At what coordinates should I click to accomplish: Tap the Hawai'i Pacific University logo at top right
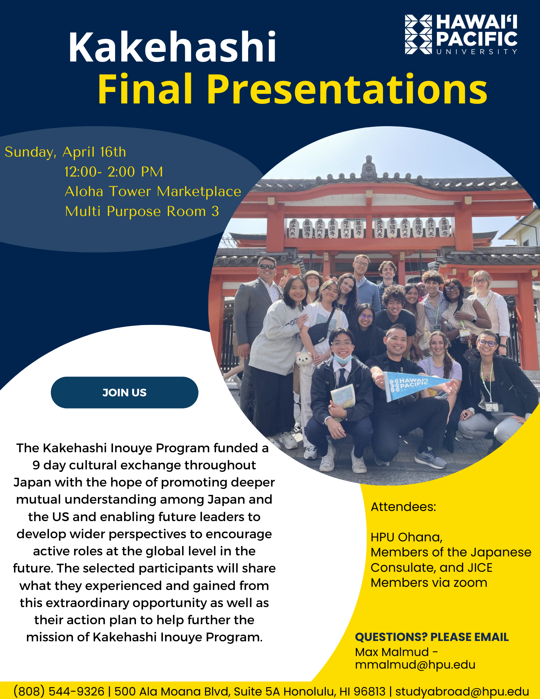[x=461, y=34]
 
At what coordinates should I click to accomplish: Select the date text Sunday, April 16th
[x=65, y=152]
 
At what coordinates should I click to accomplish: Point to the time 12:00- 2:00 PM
[x=114, y=172]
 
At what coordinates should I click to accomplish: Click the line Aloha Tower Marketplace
[x=153, y=192]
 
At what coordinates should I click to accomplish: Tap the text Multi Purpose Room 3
[x=142, y=211]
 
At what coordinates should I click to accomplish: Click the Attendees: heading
[x=403, y=507]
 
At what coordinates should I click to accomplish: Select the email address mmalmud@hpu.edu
[x=415, y=665]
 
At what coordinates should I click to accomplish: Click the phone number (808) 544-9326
[x=59, y=691]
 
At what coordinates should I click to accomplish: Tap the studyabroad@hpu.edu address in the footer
[x=462, y=691]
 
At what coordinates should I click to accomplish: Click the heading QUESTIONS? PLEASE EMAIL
[x=432, y=637]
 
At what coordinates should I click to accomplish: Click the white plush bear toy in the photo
[x=304, y=359]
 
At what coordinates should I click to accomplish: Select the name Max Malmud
[x=392, y=652]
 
